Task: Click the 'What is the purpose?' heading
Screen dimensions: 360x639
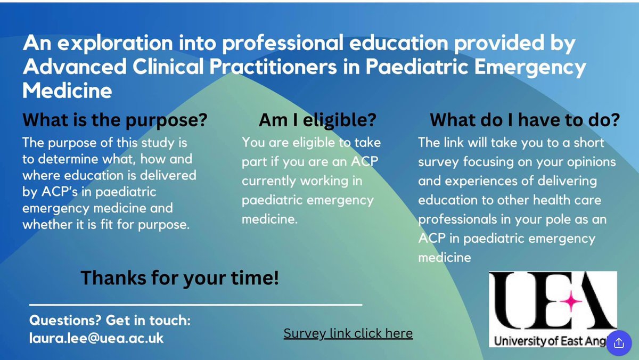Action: coord(114,120)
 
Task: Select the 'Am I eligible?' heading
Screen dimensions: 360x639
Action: coord(317,120)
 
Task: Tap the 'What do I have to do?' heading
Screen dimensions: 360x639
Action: coord(525,120)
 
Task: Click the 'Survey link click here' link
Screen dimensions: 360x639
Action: coord(348,333)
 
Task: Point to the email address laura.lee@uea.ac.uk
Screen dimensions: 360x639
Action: coord(96,338)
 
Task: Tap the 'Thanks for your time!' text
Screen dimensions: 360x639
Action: coord(179,277)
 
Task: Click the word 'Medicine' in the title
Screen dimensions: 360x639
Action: coord(67,91)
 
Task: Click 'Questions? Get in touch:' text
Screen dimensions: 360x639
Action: coord(110,321)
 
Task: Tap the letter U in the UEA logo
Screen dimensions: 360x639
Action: coord(514,301)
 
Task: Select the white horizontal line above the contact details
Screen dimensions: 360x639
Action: coord(195,305)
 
